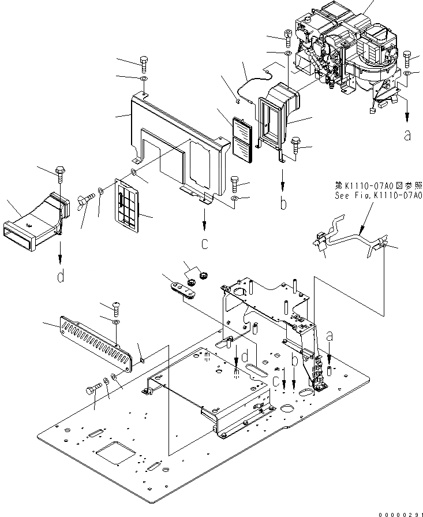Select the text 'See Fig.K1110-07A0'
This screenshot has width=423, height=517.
(379, 195)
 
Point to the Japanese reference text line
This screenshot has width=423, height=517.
(379, 186)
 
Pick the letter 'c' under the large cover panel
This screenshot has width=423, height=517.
(204, 244)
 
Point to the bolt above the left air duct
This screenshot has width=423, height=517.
(60, 173)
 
